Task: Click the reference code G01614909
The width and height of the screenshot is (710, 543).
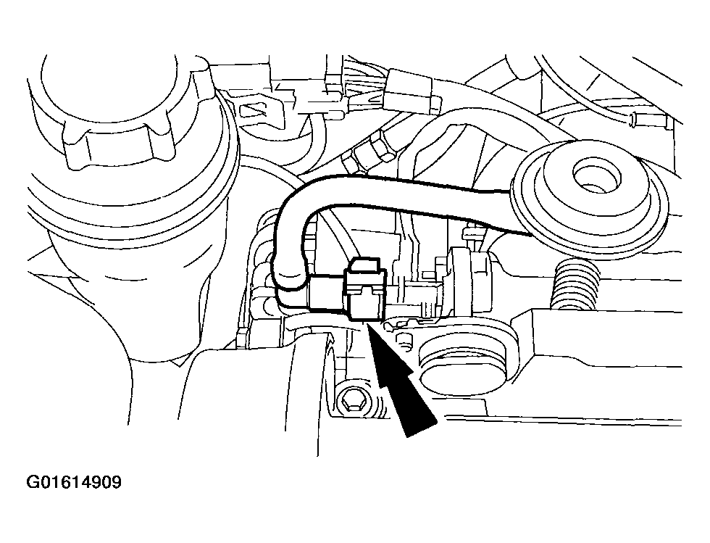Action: pyautogui.click(x=74, y=482)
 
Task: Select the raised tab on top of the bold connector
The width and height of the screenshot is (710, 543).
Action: pyautogui.click(x=366, y=265)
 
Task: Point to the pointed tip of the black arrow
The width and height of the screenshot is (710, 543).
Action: pyautogui.click(x=368, y=323)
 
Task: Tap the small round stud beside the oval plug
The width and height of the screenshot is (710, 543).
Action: pyautogui.click(x=405, y=339)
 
